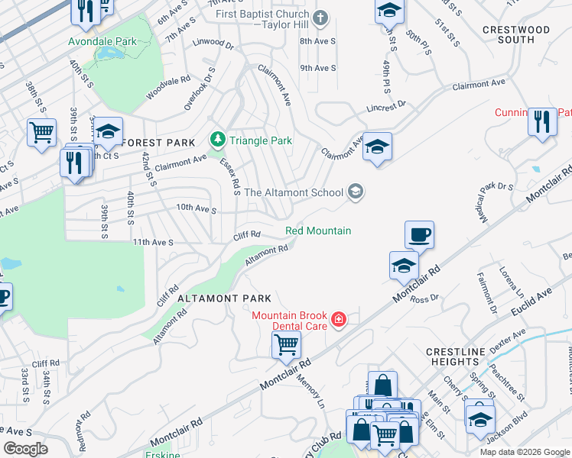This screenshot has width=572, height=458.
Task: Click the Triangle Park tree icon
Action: [x=217, y=140]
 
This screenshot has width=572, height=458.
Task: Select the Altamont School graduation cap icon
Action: [x=355, y=192]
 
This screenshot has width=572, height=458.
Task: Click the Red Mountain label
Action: [x=318, y=231]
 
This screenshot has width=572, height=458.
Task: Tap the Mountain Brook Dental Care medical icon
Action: [x=338, y=320]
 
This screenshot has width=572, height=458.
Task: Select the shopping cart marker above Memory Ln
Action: [x=286, y=343]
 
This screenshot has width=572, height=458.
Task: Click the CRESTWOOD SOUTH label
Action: [x=516, y=34]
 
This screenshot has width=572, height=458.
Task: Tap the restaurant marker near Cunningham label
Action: [x=542, y=122]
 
